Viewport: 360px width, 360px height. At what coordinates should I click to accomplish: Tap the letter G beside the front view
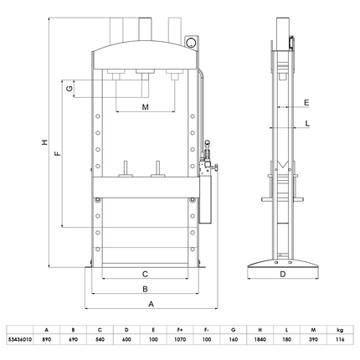click(73, 87)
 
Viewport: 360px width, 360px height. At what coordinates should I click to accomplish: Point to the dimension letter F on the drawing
click(57, 155)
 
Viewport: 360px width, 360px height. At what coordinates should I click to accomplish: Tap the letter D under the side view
click(282, 274)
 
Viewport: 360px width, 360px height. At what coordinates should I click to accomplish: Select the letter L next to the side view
click(306, 124)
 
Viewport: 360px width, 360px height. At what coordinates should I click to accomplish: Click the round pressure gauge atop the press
click(191, 41)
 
